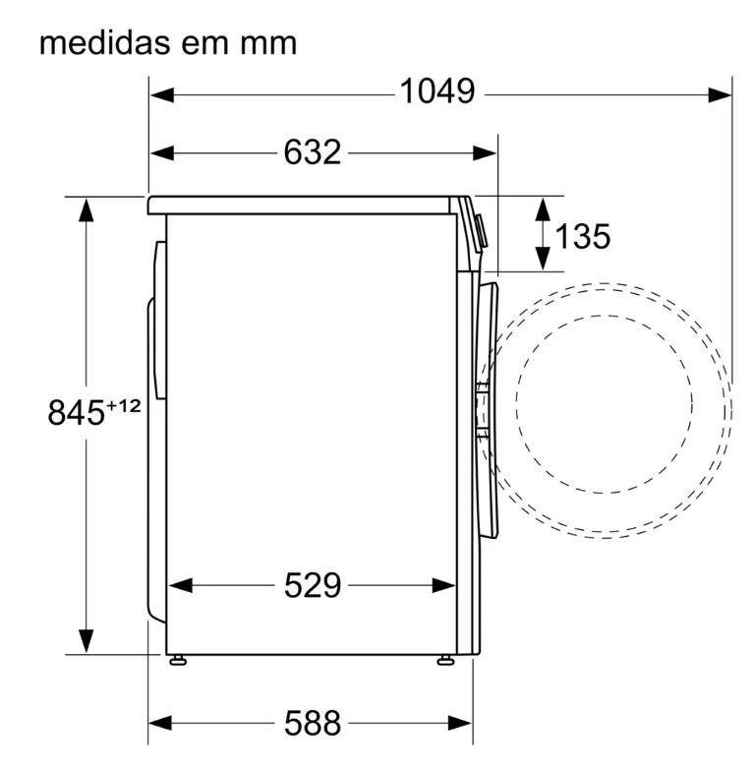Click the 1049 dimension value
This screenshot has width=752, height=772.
point(437,91)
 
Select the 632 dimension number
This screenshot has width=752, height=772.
point(312,152)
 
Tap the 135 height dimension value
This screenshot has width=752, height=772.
point(583,236)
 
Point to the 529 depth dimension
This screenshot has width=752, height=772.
point(313,585)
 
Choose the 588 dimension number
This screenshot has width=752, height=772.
point(313,723)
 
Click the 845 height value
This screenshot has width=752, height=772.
point(76,413)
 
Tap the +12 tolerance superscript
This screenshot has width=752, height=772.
point(124,406)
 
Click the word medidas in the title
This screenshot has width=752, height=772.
point(105,43)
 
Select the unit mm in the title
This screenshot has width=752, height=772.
point(268,45)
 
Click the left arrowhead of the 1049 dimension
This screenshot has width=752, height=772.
point(162,94)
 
